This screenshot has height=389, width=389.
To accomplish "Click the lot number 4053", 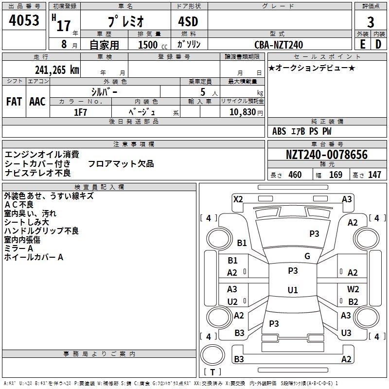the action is pyautogui.click(x=24, y=20).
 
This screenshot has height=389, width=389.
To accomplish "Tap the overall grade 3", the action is pyautogui.click(x=371, y=22).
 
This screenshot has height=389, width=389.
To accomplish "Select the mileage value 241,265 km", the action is pyautogui.click(x=57, y=70).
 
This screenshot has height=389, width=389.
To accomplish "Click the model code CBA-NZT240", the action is pyautogui.click(x=279, y=45).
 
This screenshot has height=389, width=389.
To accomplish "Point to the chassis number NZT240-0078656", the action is pyautogui.click(x=327, y=155).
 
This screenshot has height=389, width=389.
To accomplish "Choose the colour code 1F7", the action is pyautogui.click(x=80, y=112).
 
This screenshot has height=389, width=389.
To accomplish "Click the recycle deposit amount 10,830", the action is pyautogui.click(x=243, y=112).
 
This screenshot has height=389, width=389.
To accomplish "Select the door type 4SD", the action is pyautogui.click(x=188, y=21).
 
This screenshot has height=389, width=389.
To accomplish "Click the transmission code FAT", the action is pyautogui.click(x=14, y=102).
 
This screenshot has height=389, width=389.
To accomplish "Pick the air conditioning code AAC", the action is pyautogui.click(x=37, y=102).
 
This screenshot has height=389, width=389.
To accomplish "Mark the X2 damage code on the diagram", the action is pyautogui.click(x=238, y=199).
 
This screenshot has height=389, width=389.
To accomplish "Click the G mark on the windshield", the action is pyautogui.click(x=307, y=256).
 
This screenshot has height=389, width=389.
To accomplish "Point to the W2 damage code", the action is pyautogui.click(x=353, y=289).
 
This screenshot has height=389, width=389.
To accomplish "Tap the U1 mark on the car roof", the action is pyautogui.click(x=293, y=290).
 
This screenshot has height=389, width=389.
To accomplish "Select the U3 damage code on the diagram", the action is pyautogui.click(x=346, y=333).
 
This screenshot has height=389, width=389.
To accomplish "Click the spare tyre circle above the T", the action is pyautogui.click(x=212, y=355).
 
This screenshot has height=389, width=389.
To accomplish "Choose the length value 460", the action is pyautogui.click(x=295, y=175).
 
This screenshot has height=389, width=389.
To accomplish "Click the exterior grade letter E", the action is pyautogui.click(x=362, y=44).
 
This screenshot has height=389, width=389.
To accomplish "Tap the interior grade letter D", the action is pyautogui.click(x=378, y=44).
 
